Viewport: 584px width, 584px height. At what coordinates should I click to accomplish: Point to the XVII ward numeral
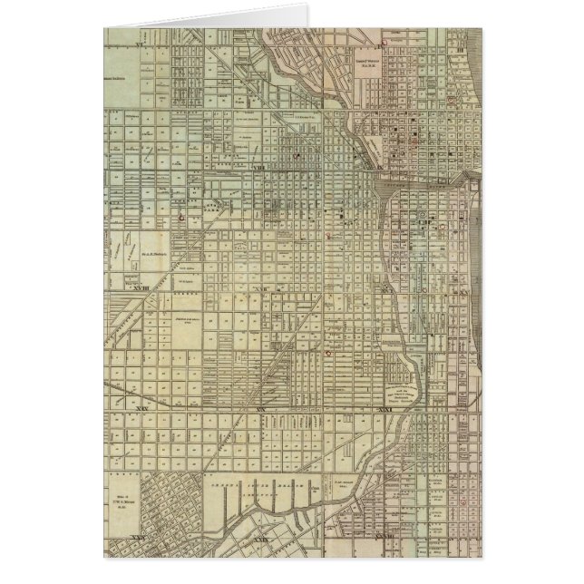pyautogui.click(x=261, y=288)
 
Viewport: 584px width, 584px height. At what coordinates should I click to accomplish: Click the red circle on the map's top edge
pyautogui.click(x=384, y=40)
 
